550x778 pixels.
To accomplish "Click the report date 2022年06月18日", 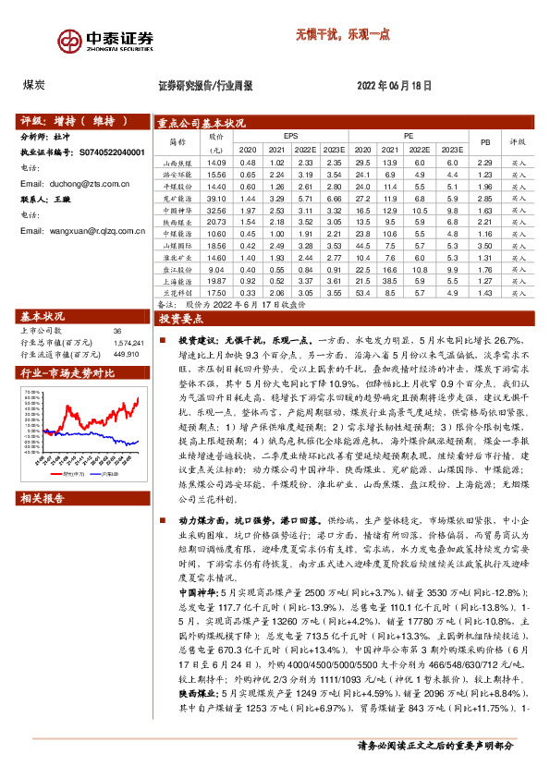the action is coord(394,85).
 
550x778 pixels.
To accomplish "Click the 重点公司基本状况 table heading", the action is coord(201,122).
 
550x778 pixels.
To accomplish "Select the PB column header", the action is coord(485,141).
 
